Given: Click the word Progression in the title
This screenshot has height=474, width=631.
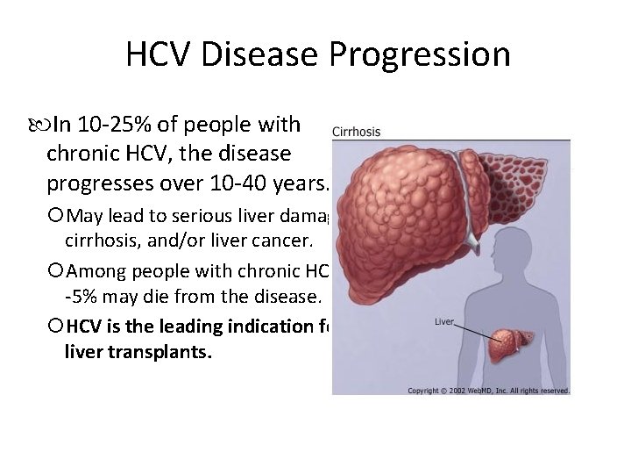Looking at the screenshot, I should click(x=420, y=55).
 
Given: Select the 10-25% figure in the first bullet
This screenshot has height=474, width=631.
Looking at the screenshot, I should click(x=114, y=125).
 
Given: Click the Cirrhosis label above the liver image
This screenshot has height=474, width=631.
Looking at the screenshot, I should click(x=357, y=132).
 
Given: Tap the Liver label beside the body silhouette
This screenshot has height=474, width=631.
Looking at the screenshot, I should click(x=444, y=322).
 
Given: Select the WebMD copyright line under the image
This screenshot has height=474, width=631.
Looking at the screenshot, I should click(x=488, y=391).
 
